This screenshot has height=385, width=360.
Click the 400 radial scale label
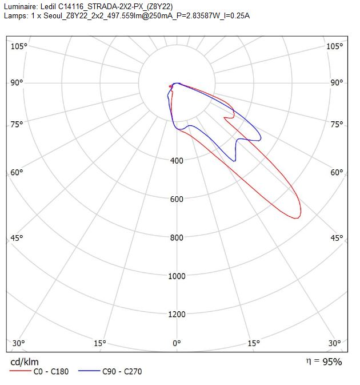pos(177,161)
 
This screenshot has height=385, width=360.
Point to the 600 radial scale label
pos(177,199)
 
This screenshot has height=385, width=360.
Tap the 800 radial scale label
pos(177,237)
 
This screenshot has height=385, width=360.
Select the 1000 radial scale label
pos(177,276)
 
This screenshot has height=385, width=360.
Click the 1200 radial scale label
pos(177,314)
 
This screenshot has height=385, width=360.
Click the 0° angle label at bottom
pos(177,343)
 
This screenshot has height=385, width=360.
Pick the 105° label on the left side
pos(19,46)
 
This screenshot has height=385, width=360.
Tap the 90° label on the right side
pos(337,82)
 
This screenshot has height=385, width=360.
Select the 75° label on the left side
pos(17,124)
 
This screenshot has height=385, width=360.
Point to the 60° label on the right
pos(337,172)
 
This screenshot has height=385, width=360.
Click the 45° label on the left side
pos(17,238)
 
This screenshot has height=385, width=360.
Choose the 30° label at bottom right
pos(335,343)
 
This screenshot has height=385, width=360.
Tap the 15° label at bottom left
pos(100,343)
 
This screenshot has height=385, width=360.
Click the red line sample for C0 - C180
pos(21,371)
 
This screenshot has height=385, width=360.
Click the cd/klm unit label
pos(25,362)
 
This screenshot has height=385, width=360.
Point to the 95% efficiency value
pos(332,362)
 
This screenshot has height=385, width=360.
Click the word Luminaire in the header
pos(21,6)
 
